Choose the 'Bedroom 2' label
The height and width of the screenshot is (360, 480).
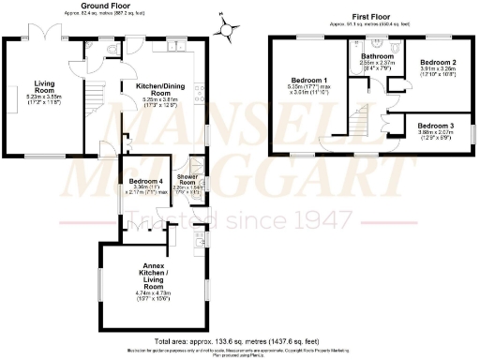click(x=438, y=63)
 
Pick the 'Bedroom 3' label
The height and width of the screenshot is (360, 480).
click(x=438, y=126)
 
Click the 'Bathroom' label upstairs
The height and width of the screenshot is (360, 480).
click(x=378, y=56)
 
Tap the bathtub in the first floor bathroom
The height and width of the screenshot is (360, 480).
click(x=376, y=42)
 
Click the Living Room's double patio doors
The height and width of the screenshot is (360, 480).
click(x=44, y=37)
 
